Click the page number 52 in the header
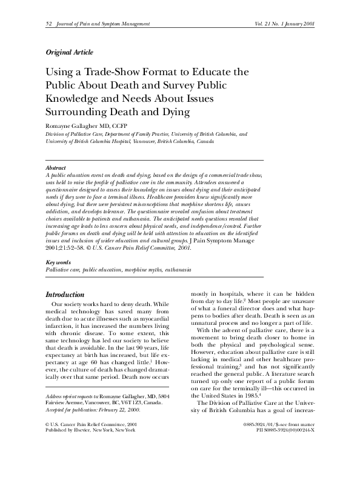pyautogui.click(x=48, y=23)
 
